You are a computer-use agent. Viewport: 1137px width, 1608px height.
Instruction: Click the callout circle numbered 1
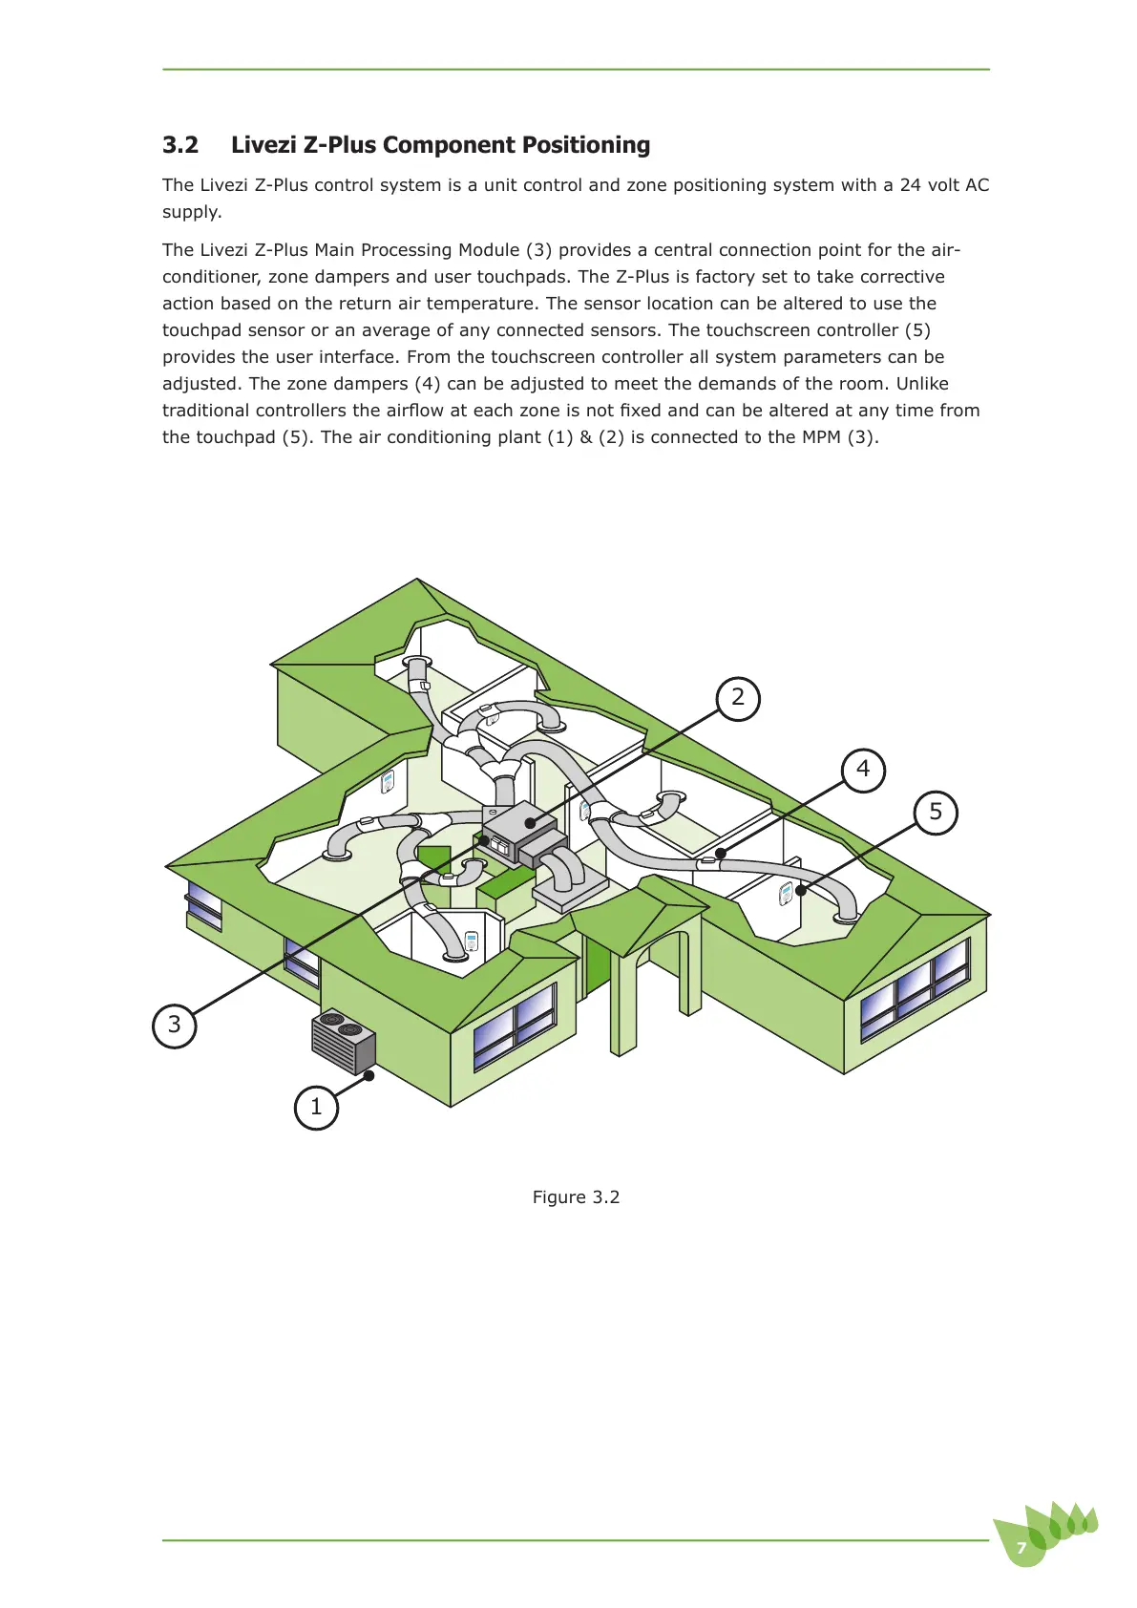point(317,1108)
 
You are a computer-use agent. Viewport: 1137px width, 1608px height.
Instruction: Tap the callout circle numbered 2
point(738,698)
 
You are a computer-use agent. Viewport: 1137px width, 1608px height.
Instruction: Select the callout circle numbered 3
point(175,1026)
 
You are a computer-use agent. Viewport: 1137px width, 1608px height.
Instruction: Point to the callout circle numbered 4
point(863,769)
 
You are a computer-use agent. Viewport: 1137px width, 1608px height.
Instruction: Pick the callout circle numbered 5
point(936,813)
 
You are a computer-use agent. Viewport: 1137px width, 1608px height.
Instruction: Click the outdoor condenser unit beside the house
point(344,1041)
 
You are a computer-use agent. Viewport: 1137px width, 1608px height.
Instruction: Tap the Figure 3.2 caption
point(576,1197)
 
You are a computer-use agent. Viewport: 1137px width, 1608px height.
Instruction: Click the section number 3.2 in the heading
point(180,145)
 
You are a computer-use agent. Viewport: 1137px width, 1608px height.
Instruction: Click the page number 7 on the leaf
point(1021,1548)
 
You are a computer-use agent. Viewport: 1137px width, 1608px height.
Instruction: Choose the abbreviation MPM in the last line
point(821,437)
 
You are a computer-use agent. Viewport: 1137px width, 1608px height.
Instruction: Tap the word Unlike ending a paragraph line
point(922,384)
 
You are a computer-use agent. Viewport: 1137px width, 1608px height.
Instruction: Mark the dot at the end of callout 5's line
point(801,891)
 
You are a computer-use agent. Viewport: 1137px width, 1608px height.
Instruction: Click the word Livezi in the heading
point(263,145)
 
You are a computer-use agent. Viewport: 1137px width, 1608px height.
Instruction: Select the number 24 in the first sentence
point(911,185)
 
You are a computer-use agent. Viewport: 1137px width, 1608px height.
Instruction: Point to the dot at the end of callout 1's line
point(369,1076)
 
